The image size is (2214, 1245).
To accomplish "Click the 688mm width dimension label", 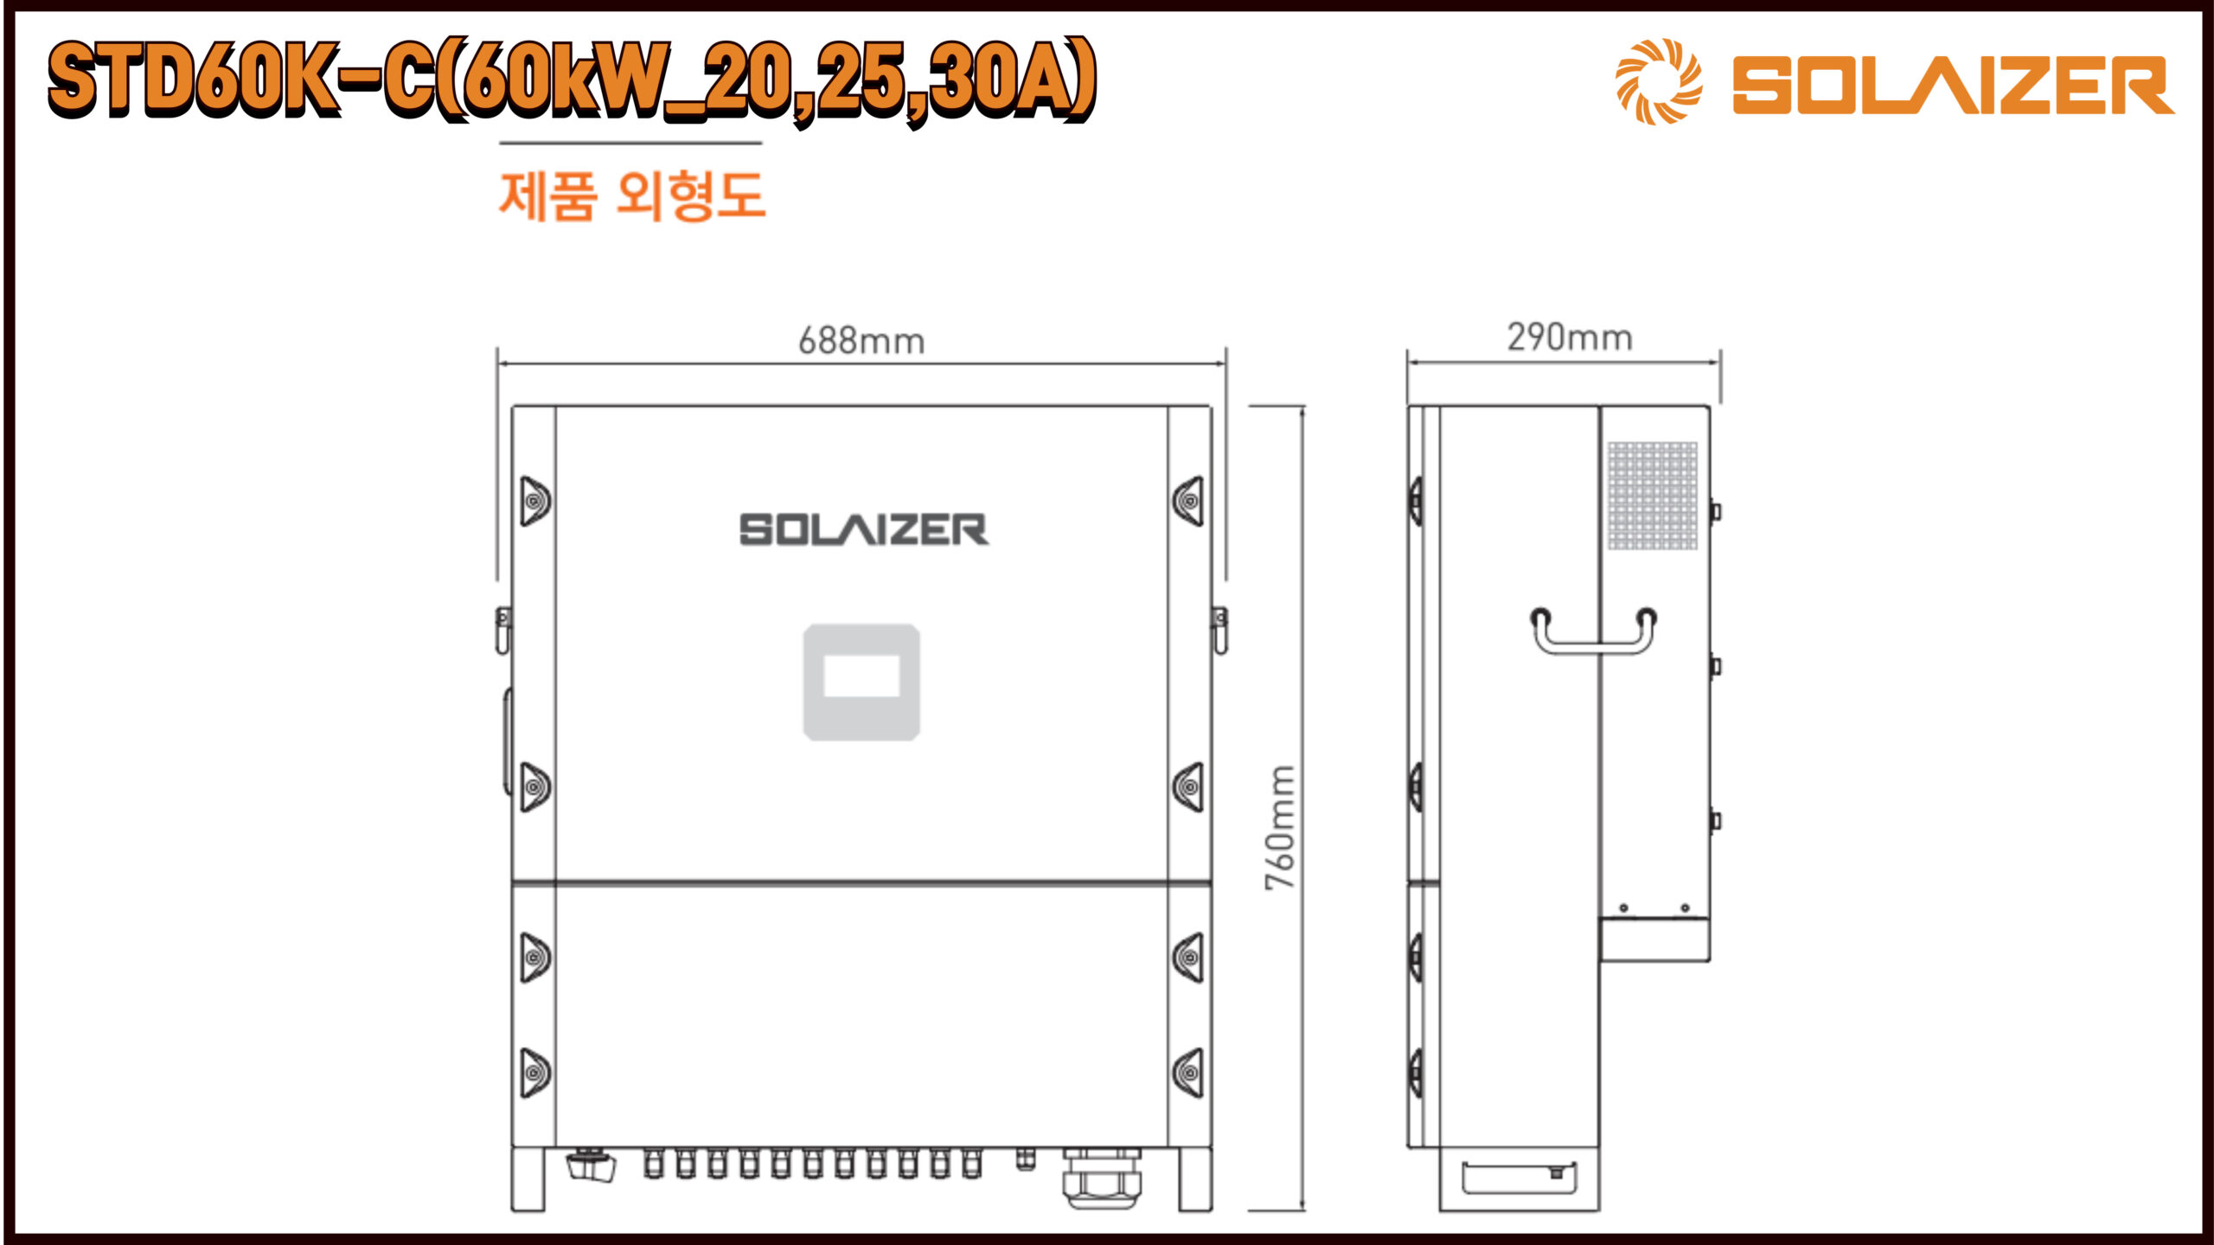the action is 861,341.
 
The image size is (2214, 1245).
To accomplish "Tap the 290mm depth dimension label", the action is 1570,337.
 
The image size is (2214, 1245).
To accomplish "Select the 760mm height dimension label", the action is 1280,827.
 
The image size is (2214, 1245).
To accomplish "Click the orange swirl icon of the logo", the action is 1659,81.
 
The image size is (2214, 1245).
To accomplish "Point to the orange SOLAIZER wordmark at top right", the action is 1953,85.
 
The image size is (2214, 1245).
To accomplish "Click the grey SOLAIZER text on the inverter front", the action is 864,530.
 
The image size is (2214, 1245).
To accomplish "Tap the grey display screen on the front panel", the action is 861,682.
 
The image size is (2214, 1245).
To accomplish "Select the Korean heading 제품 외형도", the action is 632,196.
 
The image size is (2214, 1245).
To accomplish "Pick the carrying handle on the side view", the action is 1593,644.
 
